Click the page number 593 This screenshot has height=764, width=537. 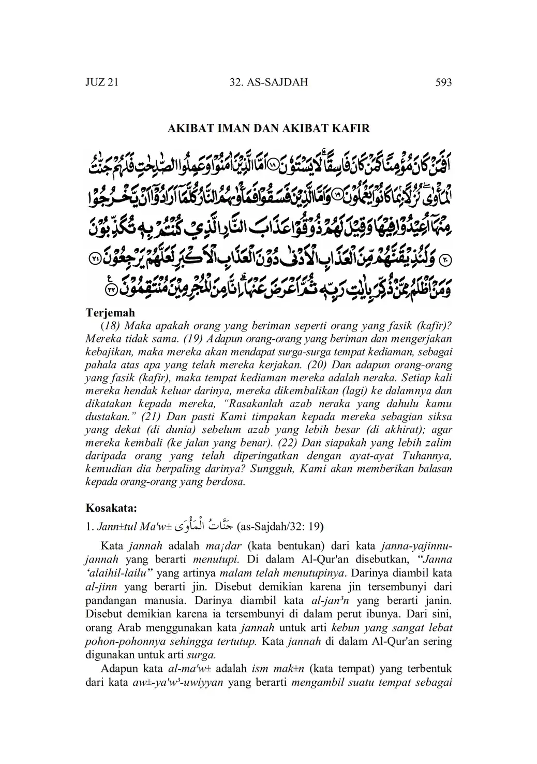[x=443, y=82]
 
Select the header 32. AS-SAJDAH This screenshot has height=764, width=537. [x=268, y=82]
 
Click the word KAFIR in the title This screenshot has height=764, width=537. [x=351, y=129]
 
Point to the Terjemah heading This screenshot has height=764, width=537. [x=110, y=313]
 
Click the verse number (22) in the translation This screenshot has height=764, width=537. [x=287, y=443]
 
